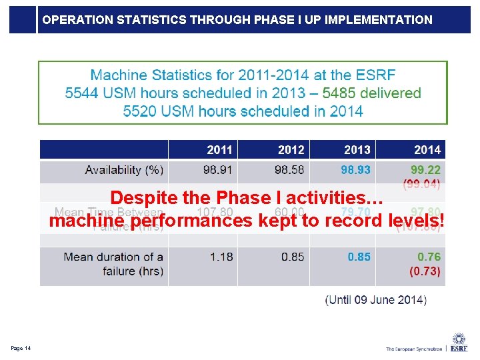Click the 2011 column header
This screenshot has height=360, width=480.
tap(220, 149)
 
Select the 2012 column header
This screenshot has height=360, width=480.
tap(291, 149)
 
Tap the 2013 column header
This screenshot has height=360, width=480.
tap(357, 149)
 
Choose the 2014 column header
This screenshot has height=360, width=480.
tap(427, 149)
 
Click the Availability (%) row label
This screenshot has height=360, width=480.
tap(123, 170)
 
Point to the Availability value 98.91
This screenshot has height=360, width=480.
tap(218, 170)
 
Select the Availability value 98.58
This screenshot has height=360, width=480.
tap(289, 170)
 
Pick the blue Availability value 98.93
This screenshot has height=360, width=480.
tap(356, 170)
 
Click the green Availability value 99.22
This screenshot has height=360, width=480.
tap(425, 170)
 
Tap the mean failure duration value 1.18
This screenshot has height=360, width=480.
tap(221, 257)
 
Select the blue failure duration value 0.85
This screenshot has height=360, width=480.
tap(359, 257)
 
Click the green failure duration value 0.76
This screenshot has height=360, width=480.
tap(429, 257)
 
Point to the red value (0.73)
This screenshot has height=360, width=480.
tap(425, 271)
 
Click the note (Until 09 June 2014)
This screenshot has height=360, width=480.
tap(376, 299)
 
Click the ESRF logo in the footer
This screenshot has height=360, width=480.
tap(458, 343)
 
